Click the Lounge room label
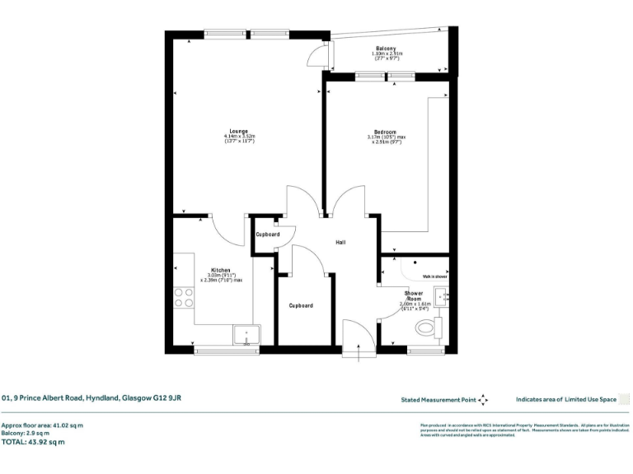[239, 132]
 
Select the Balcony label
[387, 49]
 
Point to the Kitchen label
[220, 270]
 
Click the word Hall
[340, 243]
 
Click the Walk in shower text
[435, 276]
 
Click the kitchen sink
[246, 334]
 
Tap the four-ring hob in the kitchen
[183, 297]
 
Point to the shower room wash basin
[442, 295]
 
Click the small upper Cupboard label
[268, 235]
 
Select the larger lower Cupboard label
[301, 305]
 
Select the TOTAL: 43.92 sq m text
[33, 443]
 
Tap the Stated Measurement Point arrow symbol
[483, 400]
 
